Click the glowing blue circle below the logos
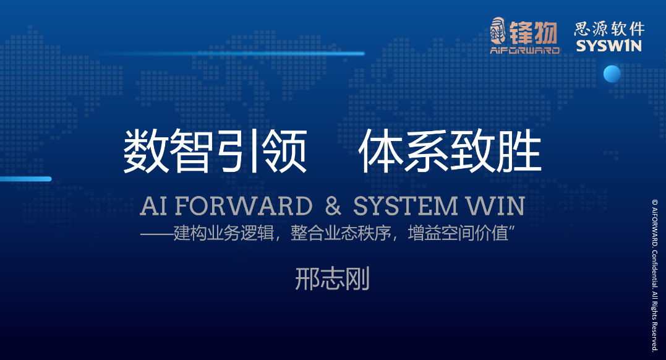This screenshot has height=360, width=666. click(612, 74)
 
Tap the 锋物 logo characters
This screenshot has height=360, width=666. click(534, 33)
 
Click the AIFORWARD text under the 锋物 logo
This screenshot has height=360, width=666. click(525, 50)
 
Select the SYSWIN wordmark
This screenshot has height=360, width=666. click(608, 46)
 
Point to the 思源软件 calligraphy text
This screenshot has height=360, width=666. click(609, 29)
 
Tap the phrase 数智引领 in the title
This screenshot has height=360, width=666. click(215, 152)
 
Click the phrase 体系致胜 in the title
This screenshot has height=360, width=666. click(450, 152)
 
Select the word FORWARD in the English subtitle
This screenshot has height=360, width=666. click(244, 206)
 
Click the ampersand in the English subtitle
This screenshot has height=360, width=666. click(333, 206)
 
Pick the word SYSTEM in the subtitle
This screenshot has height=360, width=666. click(405, 206)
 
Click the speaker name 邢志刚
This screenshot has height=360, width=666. click(332, 279)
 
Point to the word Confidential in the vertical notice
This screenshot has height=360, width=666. click(654, 268)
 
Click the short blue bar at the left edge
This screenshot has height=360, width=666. click(25, 179)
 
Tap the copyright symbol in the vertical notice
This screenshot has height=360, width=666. click(654, 202)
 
